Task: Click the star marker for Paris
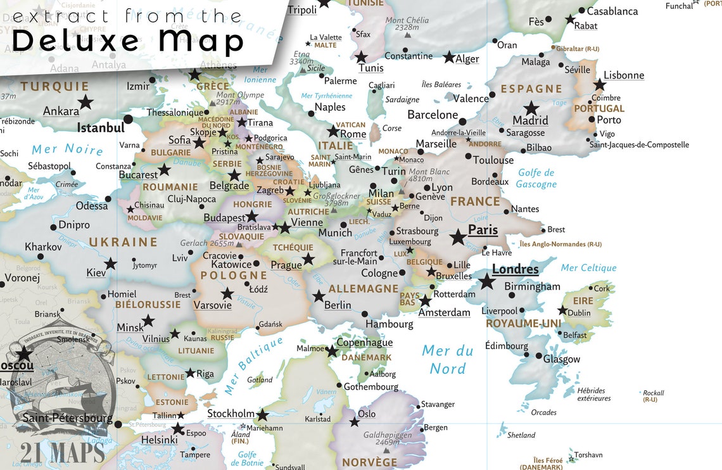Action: [x=458, y=237]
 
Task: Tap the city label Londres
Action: [x=515, y=269]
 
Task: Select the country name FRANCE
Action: [x=475, y=201]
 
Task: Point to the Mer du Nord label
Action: [x=448, y=359]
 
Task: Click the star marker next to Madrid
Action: [x=531, y=108]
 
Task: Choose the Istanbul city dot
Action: [x=129, y=119]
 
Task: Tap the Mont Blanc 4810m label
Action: [x=429, y=175]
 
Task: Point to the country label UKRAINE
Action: [x=123, y=242]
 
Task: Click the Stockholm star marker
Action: [x=262, y=416]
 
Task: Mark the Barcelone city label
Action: [x=433, y=115]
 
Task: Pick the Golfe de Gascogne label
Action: [x=536, y=178]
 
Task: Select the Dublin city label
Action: [x=579, y=312]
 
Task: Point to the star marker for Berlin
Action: [x=319, y=296]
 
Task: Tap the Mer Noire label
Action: [x=67, y=149]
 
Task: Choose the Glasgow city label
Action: [x=561, y=359]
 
